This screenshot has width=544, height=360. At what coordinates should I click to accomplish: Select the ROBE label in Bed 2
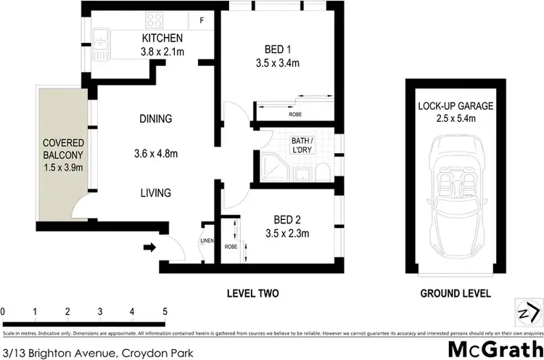coord(230,247)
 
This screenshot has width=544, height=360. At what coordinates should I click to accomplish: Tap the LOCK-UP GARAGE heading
coord(456,106)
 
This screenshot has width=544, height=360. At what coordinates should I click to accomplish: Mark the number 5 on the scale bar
coord(165,312)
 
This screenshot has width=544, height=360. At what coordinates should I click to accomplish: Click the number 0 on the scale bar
coord(4,312)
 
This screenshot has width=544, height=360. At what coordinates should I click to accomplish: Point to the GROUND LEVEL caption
coord(456,294)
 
